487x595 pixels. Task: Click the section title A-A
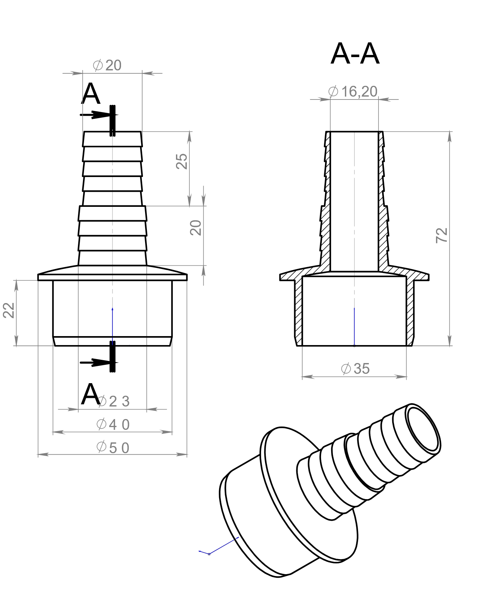(x=355, y=54)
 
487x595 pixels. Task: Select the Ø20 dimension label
(x=107, y=65)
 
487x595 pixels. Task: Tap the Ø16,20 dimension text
(x=353, y=92)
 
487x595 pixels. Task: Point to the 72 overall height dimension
(x=442, y=235)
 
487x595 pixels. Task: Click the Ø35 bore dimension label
(x=355, y=369)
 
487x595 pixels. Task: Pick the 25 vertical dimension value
(x=182, y=161)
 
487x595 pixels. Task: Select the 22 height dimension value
(x=9, y=310)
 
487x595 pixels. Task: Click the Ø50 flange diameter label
(x=113, y=448)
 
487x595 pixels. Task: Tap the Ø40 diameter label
(x=113, y=424)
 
